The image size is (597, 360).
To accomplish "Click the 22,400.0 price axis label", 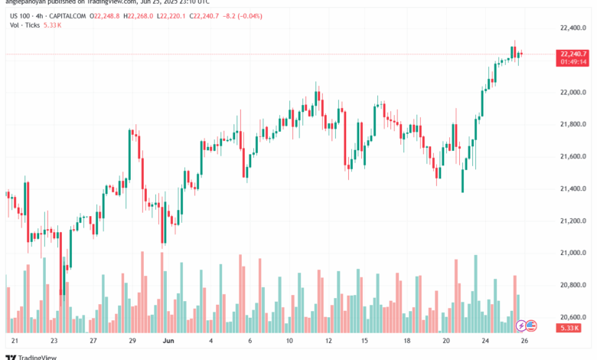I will coord(573,28).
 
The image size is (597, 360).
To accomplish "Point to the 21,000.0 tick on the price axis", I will coord(573,253).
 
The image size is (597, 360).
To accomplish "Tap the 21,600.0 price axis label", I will coord(573,156).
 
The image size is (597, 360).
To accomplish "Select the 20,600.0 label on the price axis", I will coord(573,317).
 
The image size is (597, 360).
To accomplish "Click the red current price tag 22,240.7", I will coord(573,54).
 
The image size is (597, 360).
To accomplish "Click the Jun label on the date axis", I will coord(171,339).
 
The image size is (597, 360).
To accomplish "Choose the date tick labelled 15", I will coord(366,339).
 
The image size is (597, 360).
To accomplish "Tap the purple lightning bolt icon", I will coord(522,326).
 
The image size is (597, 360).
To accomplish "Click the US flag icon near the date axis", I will coord(532,326).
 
